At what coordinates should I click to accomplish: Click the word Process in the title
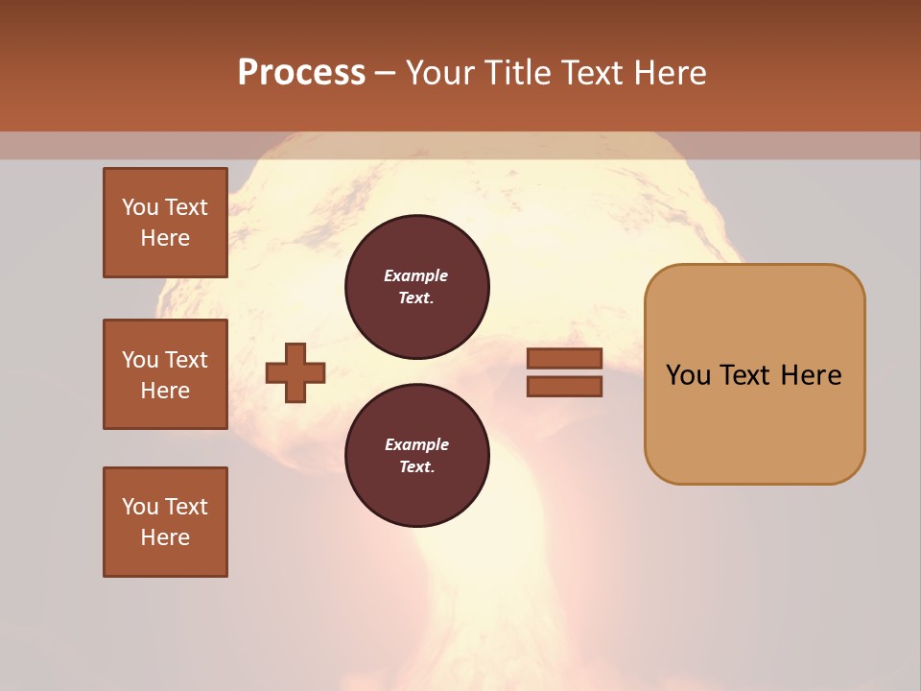301,73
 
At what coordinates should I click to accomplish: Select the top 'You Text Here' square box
165,223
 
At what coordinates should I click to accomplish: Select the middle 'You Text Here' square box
165,374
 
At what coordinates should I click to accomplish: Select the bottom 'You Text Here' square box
165,522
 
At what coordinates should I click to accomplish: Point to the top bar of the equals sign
564,359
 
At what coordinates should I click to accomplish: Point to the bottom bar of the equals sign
564,387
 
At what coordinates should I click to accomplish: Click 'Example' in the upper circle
416,275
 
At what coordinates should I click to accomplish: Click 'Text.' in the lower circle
416,467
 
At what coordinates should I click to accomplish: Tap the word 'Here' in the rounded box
811,375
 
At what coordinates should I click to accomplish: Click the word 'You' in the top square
140,207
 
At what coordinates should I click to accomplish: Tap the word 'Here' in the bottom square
165,537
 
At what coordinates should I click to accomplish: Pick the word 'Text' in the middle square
186,360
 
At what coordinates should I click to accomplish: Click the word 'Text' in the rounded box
745,375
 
